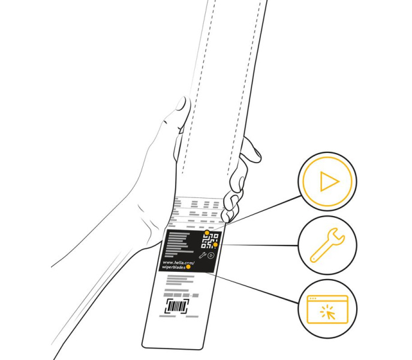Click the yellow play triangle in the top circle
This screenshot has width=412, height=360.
click(329, 181)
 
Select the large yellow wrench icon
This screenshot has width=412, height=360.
click(327, 245)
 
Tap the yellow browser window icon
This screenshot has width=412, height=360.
click(327, 309)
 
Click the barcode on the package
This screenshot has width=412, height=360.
click(177, 307)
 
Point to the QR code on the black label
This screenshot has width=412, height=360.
click(210, 241)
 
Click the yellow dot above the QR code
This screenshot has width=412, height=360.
click(207, 233)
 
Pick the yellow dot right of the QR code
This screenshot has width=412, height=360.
click(215, 245)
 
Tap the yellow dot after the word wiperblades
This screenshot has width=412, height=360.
click(188, 267)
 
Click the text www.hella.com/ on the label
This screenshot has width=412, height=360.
click(179, 262)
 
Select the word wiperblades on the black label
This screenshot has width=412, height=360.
click(173, 267)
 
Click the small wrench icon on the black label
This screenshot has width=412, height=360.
click(202, 255)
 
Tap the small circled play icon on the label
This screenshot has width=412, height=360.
click(211, 255)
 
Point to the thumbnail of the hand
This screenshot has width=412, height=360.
click(181, 104)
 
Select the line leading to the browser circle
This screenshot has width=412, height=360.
click(252, 287)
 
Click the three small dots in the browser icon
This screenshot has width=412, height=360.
click(313, 299)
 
